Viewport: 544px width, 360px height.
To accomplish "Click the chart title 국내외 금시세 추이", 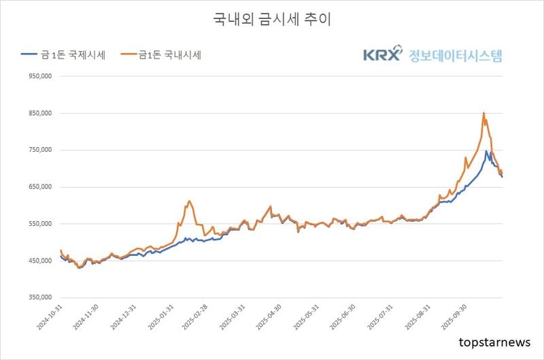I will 272,20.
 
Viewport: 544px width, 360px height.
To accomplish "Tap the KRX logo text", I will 382,55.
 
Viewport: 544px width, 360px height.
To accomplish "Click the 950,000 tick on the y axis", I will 39,77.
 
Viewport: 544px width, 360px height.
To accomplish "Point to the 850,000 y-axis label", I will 39,114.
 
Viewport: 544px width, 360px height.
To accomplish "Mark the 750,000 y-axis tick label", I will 39,150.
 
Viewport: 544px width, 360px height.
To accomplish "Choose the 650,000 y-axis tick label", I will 39,187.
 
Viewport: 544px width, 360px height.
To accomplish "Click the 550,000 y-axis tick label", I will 39,224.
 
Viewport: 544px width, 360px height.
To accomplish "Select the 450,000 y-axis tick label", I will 39,261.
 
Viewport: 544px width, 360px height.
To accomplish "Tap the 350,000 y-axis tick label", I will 39,297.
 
